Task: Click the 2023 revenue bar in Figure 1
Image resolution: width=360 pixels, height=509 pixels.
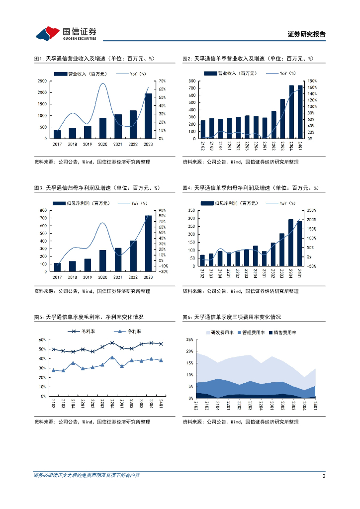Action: point(148,116)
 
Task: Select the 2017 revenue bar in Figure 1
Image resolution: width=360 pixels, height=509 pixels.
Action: point(57,134)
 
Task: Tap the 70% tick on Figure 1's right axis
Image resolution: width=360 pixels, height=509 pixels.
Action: point(163,81)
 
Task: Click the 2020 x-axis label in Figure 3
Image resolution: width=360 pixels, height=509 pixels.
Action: point(103,277)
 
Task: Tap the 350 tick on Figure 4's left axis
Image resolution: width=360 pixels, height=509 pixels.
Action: point(191,211)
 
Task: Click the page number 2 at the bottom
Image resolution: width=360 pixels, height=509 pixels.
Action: point(324,476)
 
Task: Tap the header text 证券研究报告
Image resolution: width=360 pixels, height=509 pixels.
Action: point(307,34)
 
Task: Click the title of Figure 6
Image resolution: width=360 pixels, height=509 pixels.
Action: point(232,317)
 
